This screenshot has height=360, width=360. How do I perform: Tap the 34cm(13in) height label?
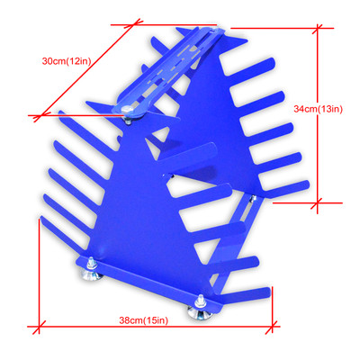pos(319,109)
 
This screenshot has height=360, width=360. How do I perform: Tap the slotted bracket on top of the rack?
pos(171,67)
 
